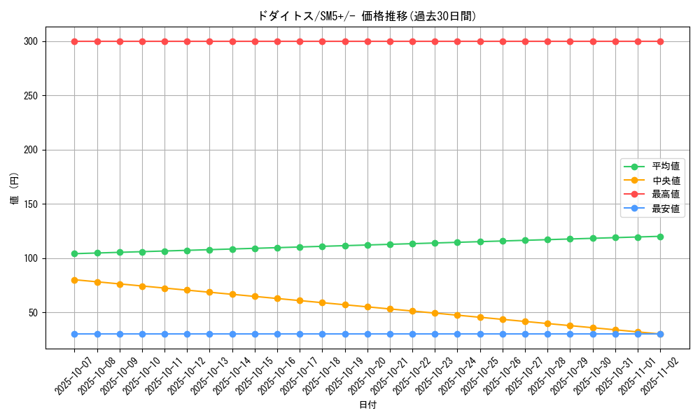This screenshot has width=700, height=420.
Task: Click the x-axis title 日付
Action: (367, 405)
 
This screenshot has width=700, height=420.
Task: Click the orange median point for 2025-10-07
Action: (75, 280)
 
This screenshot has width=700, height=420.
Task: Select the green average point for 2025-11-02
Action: (660, 237)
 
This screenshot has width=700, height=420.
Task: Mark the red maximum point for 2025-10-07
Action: (75, 41)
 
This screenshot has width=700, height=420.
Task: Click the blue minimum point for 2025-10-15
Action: (255, 334)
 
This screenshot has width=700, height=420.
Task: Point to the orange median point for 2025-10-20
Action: (367, 307)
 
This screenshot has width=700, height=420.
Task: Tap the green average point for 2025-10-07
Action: (75, 253)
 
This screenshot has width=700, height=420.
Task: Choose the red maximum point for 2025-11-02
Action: (660, 41)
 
